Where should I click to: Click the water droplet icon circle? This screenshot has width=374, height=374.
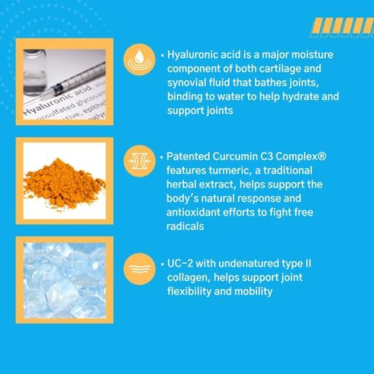(139, 60)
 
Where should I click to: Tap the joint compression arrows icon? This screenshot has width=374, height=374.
(139, 161)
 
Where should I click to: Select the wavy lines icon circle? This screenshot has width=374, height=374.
(139, 269)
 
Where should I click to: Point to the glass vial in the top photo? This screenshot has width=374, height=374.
(35, 72)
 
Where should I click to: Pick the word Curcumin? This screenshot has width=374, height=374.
(235, 157)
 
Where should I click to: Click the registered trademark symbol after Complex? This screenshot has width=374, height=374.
(322, 156)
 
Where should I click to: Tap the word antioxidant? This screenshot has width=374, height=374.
(193, 212)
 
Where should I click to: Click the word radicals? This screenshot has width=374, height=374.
(185, 226)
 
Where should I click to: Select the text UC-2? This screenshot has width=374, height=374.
(180, 264)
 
